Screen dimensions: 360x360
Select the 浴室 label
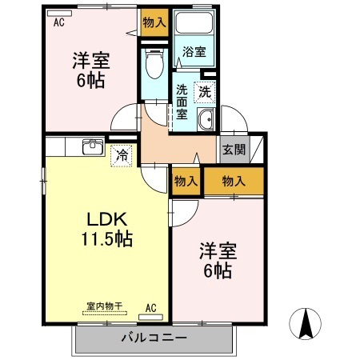click(x=193, y=52)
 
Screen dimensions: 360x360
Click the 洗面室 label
click(x=182, y=102)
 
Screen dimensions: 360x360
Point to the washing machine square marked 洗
click(x=206, y=92)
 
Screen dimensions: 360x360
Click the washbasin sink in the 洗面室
click(x=206, y=121)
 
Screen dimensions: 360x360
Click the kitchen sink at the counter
click(x=93, y=147)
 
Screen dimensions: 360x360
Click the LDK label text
click(x=103, y=219)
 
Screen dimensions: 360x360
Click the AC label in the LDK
click(x=150, y=307)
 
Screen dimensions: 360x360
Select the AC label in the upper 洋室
click(x=59, y=22)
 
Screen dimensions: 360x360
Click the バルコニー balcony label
click(x=153, y=336)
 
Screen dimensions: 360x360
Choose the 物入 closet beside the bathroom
click(x=154, y=22)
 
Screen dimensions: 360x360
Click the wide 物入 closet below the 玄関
click(x=234, y=182)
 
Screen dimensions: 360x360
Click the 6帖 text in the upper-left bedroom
click(x=90, y=79)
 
